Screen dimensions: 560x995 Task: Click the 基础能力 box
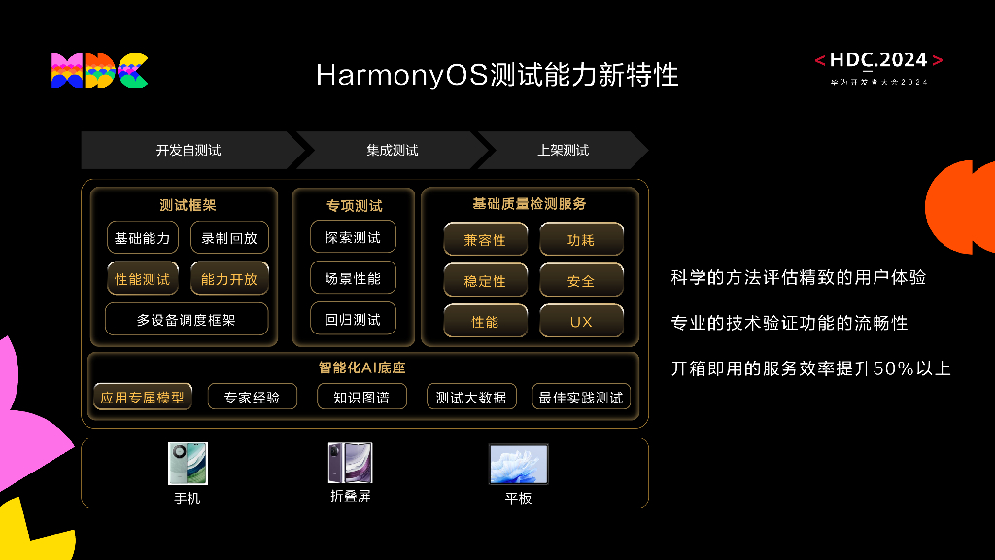142,238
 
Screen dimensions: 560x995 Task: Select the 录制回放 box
229,238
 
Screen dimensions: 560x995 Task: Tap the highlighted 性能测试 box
142,279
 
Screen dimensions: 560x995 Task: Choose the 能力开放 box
229,279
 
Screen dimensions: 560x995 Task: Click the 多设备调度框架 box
186,319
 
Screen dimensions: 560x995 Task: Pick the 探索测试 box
353,237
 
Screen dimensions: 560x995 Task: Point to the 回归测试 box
353,319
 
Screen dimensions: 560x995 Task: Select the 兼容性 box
485,240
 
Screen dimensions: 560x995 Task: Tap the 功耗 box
581,240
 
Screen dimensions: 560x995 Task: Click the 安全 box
581,281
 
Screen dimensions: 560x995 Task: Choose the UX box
581,322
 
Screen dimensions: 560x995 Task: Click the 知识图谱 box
360,397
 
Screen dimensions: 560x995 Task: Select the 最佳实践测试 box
581,397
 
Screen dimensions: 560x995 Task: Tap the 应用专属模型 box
142,397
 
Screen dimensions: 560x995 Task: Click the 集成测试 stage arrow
392,151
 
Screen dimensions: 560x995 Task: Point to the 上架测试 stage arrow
563,151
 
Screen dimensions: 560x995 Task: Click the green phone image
188,464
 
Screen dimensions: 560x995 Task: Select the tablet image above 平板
518,465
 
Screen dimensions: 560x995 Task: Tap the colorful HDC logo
99,71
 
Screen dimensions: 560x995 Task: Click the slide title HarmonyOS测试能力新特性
497,75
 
